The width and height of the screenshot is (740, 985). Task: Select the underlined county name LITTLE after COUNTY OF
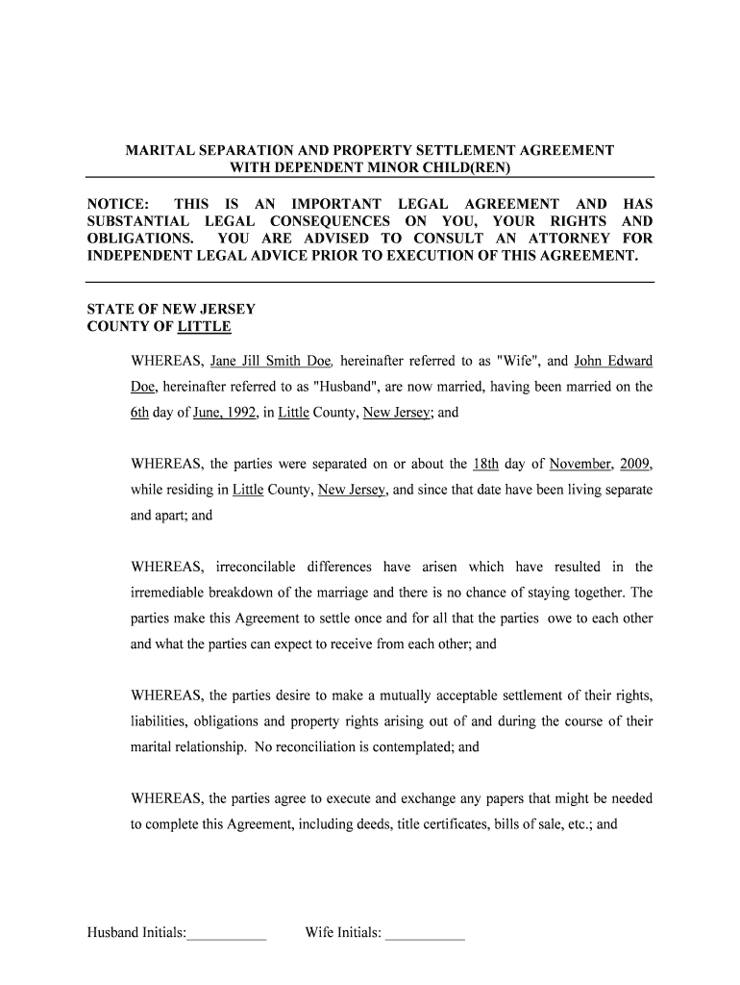click(205, 326)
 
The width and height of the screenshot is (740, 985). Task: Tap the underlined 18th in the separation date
click(486, 464)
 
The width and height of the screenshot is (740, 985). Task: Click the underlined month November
click(580, 464)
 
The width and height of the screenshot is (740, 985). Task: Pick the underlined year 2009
click(636, 464)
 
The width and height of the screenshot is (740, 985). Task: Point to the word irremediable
click(170, 593)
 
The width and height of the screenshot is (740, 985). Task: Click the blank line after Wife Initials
click(425, 933)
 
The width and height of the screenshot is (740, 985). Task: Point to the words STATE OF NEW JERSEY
click(171, 310)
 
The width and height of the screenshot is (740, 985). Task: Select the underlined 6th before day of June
click(140, 412)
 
